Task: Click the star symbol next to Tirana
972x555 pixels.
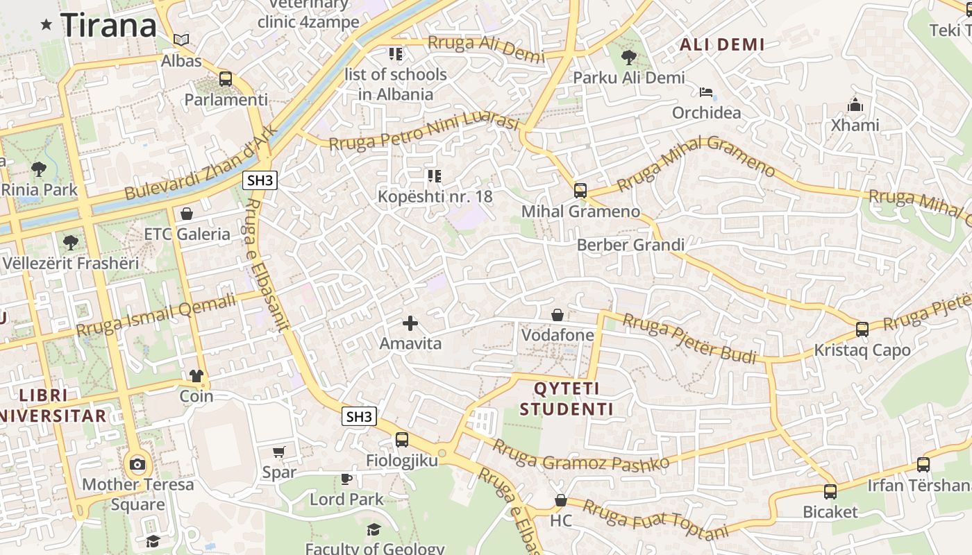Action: tap(47, 25)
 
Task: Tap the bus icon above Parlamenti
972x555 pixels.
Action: tap(226, 79)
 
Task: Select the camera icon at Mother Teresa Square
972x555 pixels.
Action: tap(137, 464)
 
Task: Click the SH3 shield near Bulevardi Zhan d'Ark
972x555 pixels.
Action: tap(260, 180)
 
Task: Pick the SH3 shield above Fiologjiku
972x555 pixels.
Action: tap(360, 416)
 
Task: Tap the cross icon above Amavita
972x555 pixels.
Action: tap(410, 323)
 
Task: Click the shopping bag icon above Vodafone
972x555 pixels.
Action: tap(558, 315)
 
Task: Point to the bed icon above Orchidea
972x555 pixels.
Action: tap(706, 92)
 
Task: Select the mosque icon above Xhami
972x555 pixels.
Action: tap(855, 105)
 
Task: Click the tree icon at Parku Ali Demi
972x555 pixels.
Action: tap(629, 57)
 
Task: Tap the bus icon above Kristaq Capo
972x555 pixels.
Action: tap(862, 330)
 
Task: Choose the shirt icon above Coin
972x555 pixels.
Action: tap(196, 376)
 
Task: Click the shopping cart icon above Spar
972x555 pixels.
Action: tap(279, 452)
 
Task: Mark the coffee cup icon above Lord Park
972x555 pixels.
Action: tap(346, 479)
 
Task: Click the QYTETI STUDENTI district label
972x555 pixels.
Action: tap(567, 399)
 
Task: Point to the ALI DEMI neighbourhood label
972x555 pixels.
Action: tap(722, 45)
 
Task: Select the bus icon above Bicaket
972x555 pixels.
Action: tap(830, 492)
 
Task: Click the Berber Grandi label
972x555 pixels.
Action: tap(630, 245)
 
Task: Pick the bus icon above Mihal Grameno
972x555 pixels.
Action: tap(580, 191)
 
